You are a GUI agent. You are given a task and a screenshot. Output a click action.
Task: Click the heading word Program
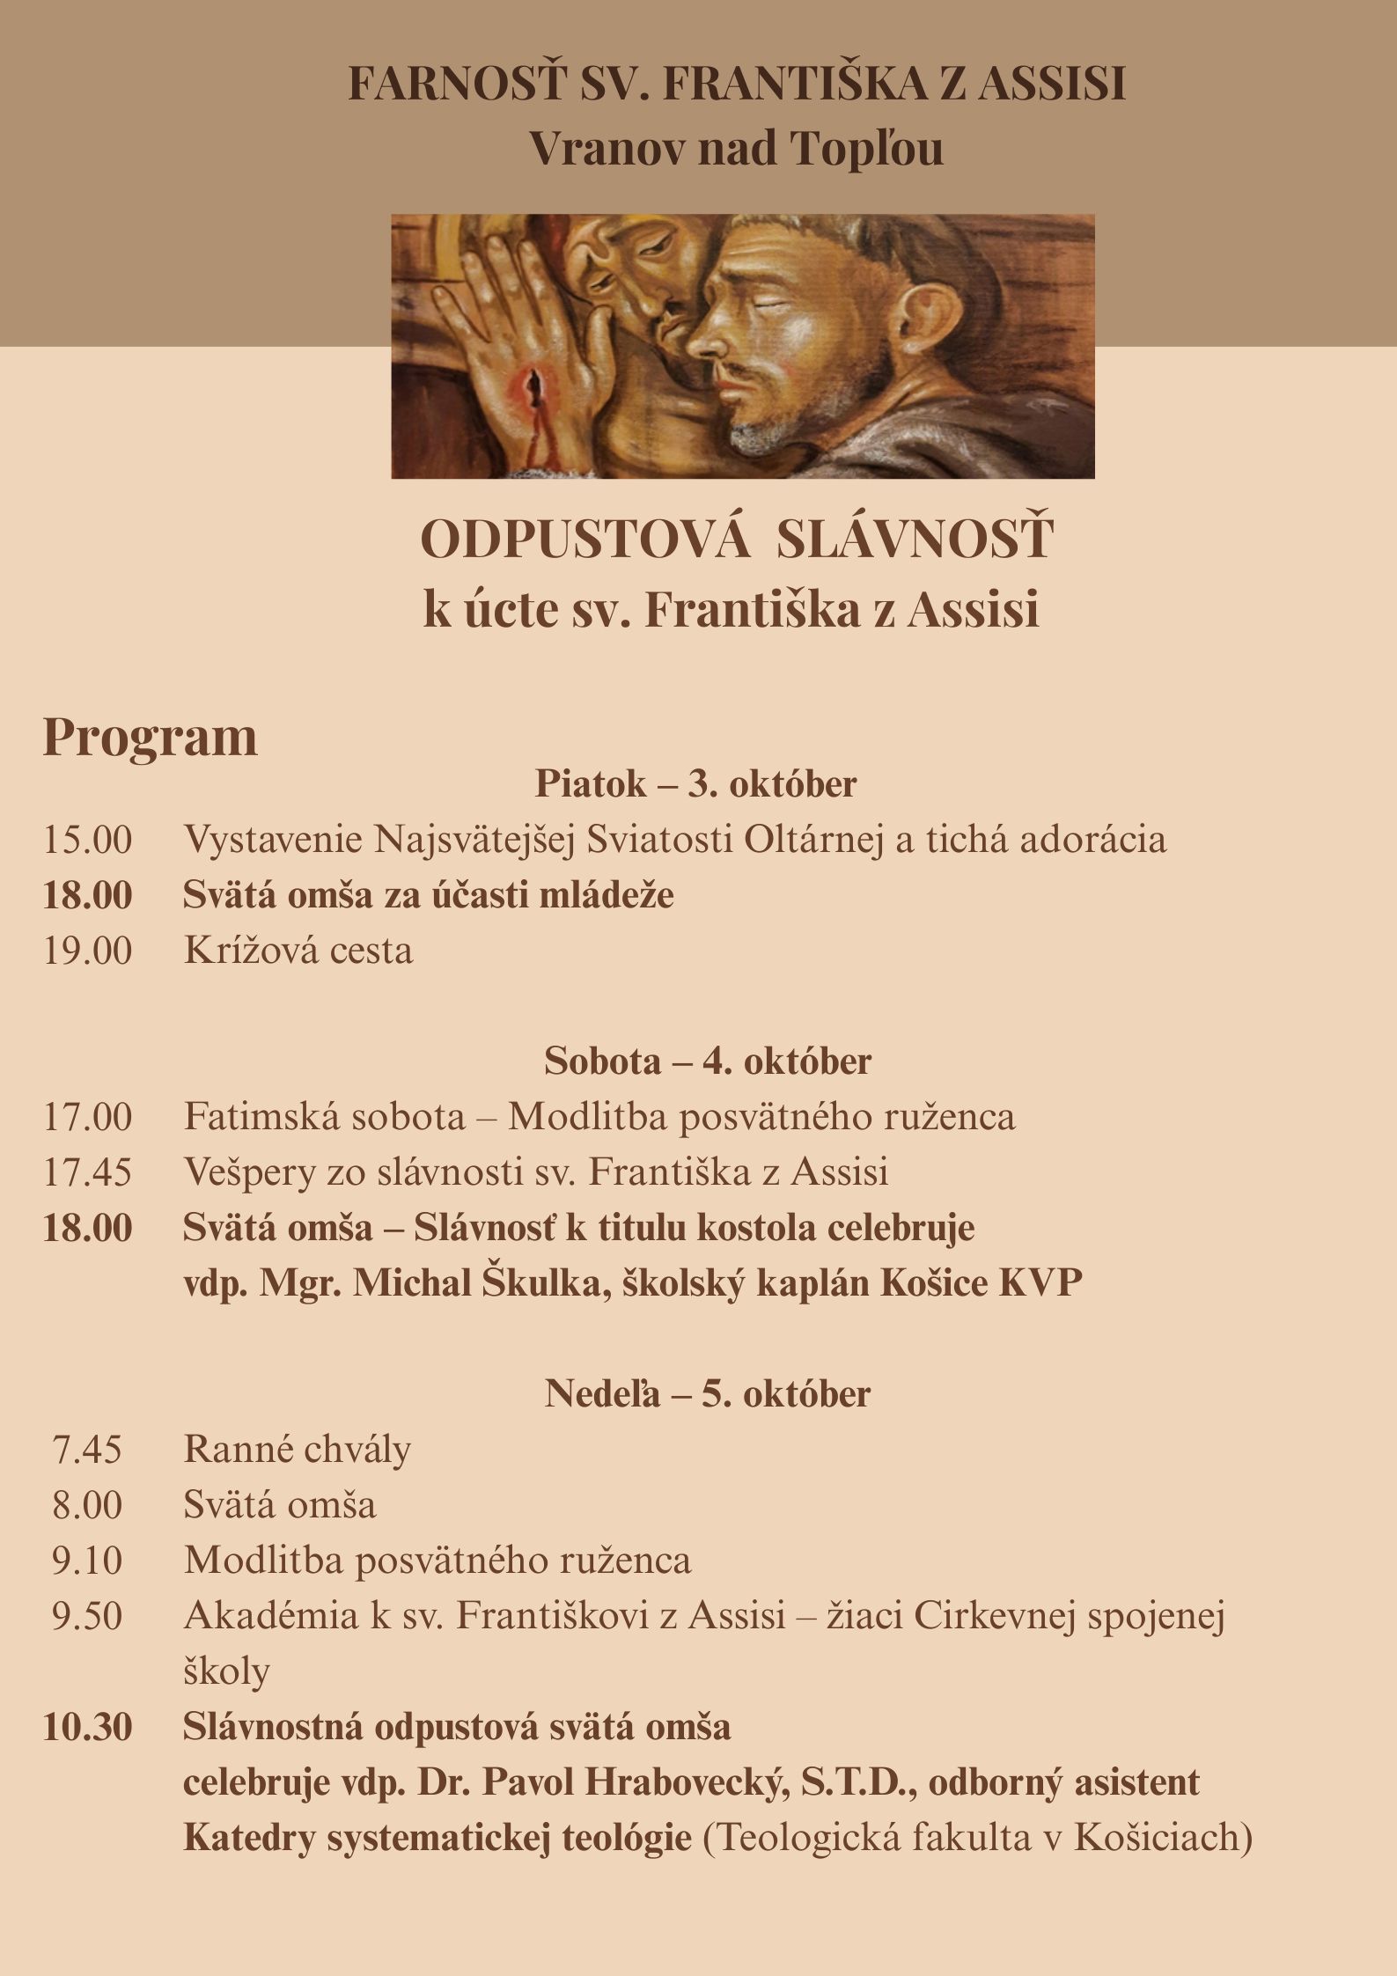pyautogui.click(x=150, y=737)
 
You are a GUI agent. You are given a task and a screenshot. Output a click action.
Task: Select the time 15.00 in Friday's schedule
pyautogui.click(x=87, y=840)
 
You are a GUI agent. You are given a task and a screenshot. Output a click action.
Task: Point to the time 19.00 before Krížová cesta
pyautogui.click(x=87, y=951)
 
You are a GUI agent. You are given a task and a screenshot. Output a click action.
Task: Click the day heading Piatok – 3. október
pyautogui.click(x=695, y=783)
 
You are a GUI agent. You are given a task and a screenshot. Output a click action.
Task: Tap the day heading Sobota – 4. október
pyautogui.click(x=707, y=1061)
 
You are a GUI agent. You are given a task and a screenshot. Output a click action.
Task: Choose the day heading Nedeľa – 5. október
pyautogui.click(x=707, y=1393)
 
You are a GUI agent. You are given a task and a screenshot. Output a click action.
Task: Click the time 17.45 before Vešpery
pyautogui.click(x=87, y=1172)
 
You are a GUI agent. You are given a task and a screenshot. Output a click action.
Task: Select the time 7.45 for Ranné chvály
pyautogui.click(x=87, y=1450)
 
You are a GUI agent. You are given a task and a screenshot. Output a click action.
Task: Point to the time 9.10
pyautogui.click(x=87, y=1561)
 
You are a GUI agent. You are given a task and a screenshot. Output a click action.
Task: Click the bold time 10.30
pyautogui.click(x=87, y=1727)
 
